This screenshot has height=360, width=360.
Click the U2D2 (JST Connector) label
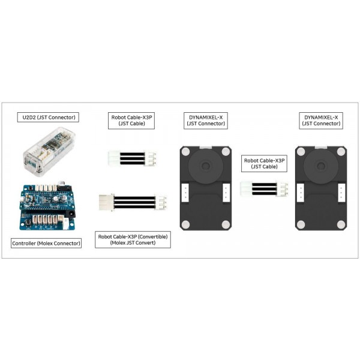pyautogui.click(x=48, y=118)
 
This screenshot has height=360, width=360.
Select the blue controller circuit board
pyautogui.click(x=47, y=205)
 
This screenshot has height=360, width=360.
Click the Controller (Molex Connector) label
pyautogui.click(x=46, y=244)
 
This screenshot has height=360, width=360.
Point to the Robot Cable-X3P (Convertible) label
pyautogui.click(x=133, y=239)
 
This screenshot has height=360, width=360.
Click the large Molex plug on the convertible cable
pyautogui.click(x=106, y=202)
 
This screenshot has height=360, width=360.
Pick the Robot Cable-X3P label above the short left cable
pyautogui.click(x=131, y=121)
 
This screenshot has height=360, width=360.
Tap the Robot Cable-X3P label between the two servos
pyautogui.click(x=264, y=163)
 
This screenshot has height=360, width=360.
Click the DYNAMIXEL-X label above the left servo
pyautogui.click(x=206, y=121)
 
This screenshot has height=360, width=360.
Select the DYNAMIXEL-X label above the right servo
pyautogui.click(x=321, y=121)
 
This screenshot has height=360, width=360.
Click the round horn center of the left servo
pyautogui.click(x=205, y=166)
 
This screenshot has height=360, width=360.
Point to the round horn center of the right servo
pyautogui.click(x=320, y=166)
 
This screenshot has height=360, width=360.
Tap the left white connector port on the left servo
pyautogui.click(x=185, y=193)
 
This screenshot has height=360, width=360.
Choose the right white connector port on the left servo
pyautogui.click(x=226, y=193)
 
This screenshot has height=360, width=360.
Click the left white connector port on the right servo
pyautogui.click(x=301, y=193)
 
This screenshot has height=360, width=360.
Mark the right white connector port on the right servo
pyautogui.click(x=341, y=193)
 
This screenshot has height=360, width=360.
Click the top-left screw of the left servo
pyautogui.click(x=185, y=152)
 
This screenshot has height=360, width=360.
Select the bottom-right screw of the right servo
pyautogui.click(x=341, y=225)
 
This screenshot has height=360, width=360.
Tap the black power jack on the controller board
pyautogui.click(x=71, y=214)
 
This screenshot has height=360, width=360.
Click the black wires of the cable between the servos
pyautogui.click(x=264, y=189)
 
